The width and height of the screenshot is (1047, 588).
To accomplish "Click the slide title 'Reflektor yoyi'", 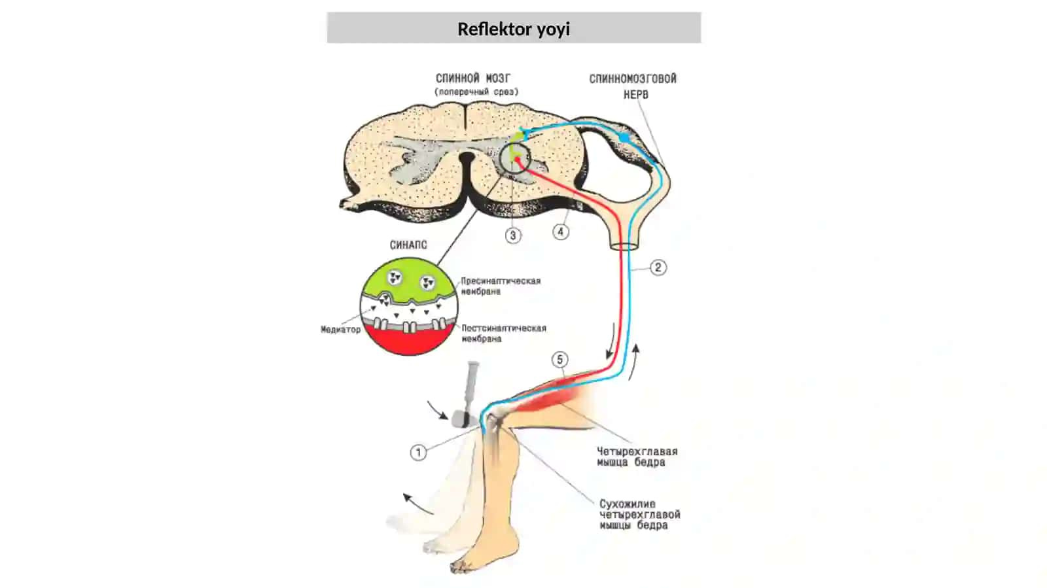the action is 514,29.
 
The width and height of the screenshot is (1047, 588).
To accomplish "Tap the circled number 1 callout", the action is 418,452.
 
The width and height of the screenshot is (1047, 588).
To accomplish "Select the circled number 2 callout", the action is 658,268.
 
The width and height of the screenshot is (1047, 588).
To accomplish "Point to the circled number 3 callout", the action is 513,235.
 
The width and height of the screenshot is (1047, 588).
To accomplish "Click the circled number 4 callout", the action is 560,232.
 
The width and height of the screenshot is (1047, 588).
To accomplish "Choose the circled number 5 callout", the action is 560,360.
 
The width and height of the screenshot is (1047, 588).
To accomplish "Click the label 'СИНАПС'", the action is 408,245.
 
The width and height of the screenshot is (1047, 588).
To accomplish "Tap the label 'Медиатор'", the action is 341,329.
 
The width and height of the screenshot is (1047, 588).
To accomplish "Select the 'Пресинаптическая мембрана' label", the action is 501,286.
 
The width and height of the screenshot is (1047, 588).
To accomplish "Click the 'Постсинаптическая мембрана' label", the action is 504,333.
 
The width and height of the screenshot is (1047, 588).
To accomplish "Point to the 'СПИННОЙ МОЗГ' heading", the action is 473,78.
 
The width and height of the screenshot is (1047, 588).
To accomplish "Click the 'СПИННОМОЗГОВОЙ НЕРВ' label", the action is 633,86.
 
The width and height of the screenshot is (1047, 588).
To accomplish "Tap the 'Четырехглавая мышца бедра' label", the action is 637,457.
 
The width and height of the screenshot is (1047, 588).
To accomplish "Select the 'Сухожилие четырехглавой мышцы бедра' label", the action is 640,514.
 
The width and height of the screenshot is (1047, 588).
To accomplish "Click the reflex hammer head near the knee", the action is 461,419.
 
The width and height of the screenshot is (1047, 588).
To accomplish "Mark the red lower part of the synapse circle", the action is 409,339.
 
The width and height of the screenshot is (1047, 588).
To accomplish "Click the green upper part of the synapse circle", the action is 408,280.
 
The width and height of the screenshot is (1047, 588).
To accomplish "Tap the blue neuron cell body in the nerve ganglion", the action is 624,137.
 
